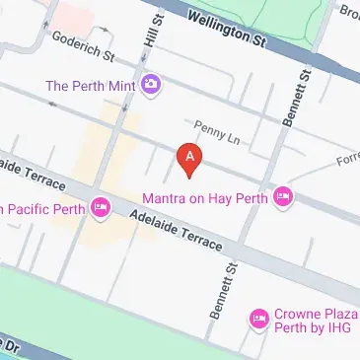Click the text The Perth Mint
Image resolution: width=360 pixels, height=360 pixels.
click(90, 85)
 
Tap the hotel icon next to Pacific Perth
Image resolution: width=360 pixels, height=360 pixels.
click(100, 207)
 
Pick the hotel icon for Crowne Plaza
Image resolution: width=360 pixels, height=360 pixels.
click(260, 318)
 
